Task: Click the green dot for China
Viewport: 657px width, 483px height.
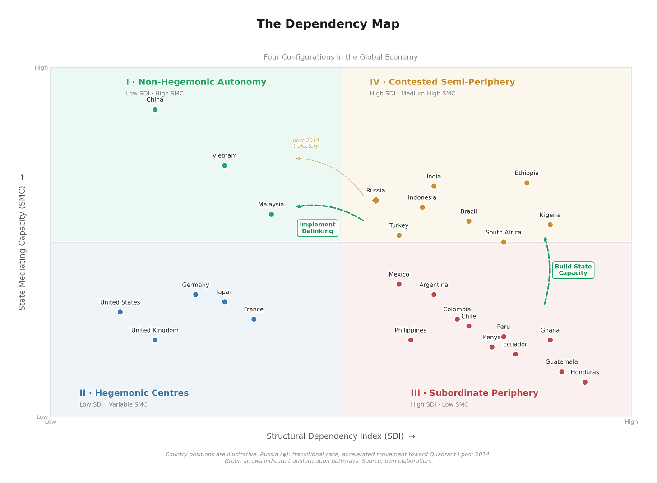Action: click(155, 110)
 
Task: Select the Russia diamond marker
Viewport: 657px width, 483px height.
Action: click(377, 201)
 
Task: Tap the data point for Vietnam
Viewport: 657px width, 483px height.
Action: click(225, 166)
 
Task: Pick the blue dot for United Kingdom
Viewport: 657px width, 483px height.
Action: click(155, 341)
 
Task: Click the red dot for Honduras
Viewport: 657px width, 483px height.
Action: click(586, 383)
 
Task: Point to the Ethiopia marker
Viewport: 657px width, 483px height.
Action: click(528, 183)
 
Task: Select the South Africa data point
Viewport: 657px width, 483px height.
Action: click(504, 243)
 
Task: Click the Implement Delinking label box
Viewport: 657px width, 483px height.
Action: click(318, 229)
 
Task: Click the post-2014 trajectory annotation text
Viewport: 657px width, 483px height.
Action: click(306, 144)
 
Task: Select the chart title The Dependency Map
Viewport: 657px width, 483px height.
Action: click(328, 24)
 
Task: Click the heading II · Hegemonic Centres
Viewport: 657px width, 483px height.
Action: click(134, 394)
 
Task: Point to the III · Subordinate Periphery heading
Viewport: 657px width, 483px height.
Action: click(475, 394)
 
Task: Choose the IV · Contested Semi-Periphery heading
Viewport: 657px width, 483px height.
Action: click(443, 82)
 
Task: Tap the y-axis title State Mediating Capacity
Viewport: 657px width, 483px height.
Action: click(22, 249)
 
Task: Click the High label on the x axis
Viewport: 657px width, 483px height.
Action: click(632, 422)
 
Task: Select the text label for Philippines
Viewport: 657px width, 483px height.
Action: click(411, 331)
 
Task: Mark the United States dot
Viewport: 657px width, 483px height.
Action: click(120, 313)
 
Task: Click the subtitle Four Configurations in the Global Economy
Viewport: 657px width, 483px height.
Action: click(341, 57)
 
